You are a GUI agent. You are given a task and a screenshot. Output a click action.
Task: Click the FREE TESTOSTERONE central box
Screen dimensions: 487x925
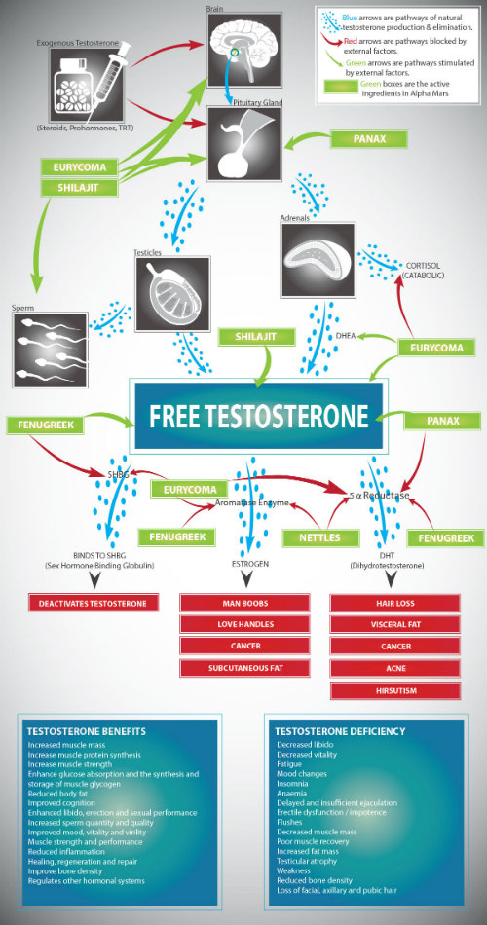pyautogui.click(x=258, y=416)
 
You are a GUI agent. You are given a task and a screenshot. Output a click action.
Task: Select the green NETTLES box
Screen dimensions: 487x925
pyautogui.click(x=320, y=538)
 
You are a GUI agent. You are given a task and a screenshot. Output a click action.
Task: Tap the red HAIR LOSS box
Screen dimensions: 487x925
pyautogui.click(x=394, y=604)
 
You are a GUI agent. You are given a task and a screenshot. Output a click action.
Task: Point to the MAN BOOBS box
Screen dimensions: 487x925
pyautogui.click(x=244, y=603)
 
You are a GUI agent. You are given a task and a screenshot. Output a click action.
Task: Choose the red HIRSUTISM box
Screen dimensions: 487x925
pyautogui.click(x=394, y=690)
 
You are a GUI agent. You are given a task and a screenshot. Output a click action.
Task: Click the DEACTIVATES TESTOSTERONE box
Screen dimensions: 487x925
pyautogui.click(x=94, y=603)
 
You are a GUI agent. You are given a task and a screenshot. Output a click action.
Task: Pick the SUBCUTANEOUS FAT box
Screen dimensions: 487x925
pyautogui.click(x=244, y=668)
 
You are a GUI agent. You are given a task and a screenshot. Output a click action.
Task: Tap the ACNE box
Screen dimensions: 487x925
pyautogui.click(x=394, y=668)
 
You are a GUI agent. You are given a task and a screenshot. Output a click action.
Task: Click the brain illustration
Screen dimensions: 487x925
pyautogui.click(x=244, y=50)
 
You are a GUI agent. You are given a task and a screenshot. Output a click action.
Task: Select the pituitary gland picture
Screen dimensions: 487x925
pyautogui.click(x=244, y=143)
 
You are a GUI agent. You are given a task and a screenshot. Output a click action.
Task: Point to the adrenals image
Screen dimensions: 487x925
pyautogui.click(x=318, y=260)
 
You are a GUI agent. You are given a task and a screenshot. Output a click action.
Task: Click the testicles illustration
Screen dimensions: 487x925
pyautogui.click(x=172, y=294)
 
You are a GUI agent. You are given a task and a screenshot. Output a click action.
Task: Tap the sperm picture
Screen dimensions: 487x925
pyautogui.click(x=51, y=350)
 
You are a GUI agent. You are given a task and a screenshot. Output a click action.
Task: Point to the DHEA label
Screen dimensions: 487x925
pyautogui.click(x=346, y=336)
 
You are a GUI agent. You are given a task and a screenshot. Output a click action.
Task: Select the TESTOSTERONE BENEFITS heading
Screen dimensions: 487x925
pyautogui.click(x=87, y=731)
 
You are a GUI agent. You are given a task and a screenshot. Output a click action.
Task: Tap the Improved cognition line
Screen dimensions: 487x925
pyautogui.click(x=61, y=803)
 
